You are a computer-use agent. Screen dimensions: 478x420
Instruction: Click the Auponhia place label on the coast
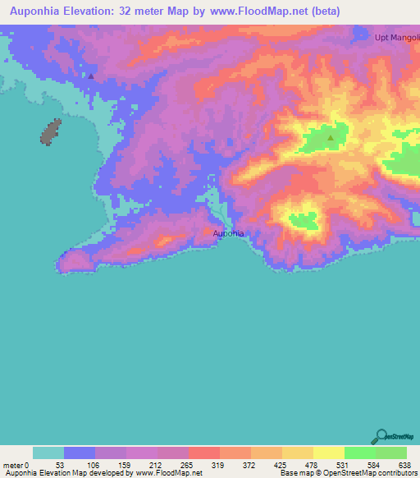point(229,234)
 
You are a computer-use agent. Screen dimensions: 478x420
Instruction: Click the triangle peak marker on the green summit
point(331,138)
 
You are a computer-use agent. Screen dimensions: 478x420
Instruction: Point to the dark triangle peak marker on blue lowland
point(91,76)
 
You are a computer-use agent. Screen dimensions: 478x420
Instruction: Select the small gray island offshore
point(51,131)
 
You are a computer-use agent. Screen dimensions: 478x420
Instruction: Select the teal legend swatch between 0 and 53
point(48,453)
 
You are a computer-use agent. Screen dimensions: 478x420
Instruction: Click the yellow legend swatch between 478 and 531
point(328,453)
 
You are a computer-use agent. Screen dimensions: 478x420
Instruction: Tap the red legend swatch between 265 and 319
point(203,453)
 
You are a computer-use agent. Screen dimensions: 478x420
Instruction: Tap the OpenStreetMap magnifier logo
point(381,436)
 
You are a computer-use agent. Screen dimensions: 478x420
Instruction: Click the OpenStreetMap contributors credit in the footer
point(358,473)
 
